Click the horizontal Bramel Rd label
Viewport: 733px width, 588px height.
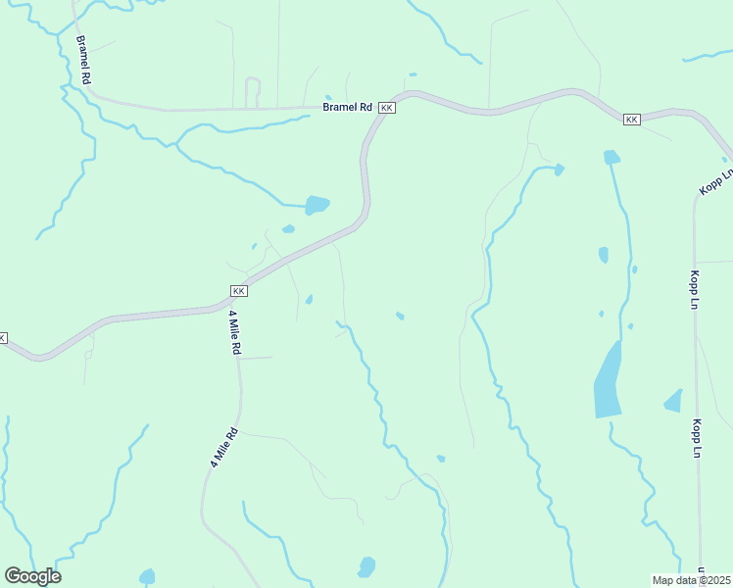pos(348,107)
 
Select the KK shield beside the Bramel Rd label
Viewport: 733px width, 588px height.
pos(387,107)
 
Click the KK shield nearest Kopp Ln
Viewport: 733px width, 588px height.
pos(631,120)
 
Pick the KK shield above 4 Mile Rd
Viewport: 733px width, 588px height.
pos(238,291)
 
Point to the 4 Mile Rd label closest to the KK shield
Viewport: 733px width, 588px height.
pos(235,333)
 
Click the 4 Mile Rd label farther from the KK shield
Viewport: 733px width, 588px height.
pos(222,446)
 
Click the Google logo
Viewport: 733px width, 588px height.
pos(32,576)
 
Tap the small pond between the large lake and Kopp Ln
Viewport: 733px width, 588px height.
pos(673,400)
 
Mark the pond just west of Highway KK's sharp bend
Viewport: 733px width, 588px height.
pos(317,205)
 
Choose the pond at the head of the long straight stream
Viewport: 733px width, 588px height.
pos(611,157)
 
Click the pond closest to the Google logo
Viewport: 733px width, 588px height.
pos(147,576)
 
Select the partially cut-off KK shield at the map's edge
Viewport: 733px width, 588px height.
pos(3,338)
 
